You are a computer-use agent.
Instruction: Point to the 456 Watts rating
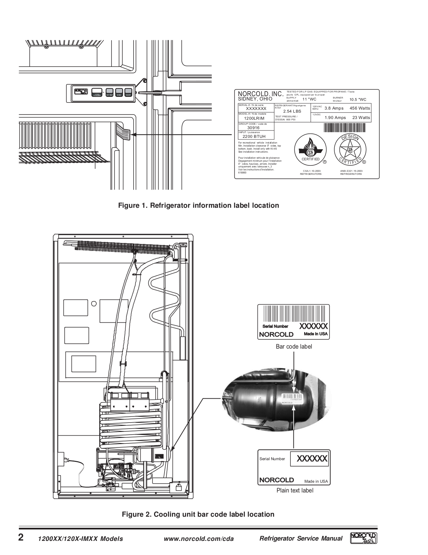point(360,108)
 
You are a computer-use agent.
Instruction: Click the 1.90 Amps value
point(335,118)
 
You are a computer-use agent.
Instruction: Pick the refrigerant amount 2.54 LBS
point(292,111)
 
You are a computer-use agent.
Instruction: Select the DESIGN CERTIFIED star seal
point(350,150)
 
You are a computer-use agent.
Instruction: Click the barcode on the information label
point(345,128)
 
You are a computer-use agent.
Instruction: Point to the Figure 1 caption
point(198,205)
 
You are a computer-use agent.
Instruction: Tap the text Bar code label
point(294,347)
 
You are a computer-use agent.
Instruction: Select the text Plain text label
point(295,490)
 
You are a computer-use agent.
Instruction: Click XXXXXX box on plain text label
point(309,459)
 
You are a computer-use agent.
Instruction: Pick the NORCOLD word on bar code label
point(276,334)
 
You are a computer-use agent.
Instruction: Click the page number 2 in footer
point(21,537)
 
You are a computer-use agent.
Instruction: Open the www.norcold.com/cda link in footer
point(198,539)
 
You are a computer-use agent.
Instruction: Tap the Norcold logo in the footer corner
point(363,538)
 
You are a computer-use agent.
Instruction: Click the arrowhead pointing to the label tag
point(134,135)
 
